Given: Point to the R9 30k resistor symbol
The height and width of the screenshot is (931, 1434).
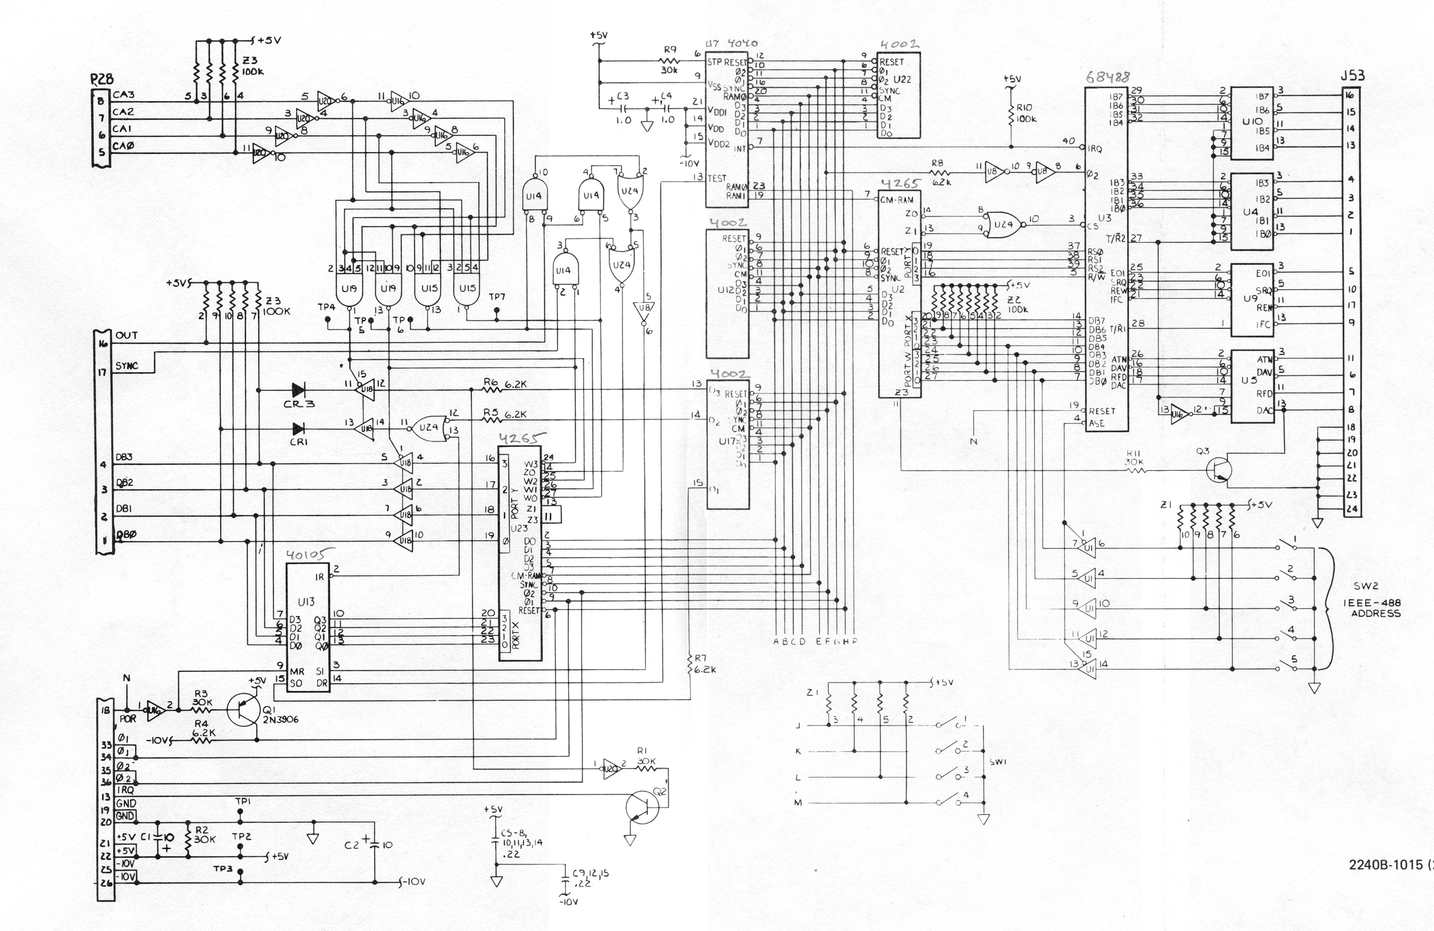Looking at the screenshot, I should click(669, 62).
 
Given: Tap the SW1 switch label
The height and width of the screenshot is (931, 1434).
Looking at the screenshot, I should click(998, 762).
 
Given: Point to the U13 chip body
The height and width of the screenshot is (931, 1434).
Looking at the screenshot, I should click(307, 627).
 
